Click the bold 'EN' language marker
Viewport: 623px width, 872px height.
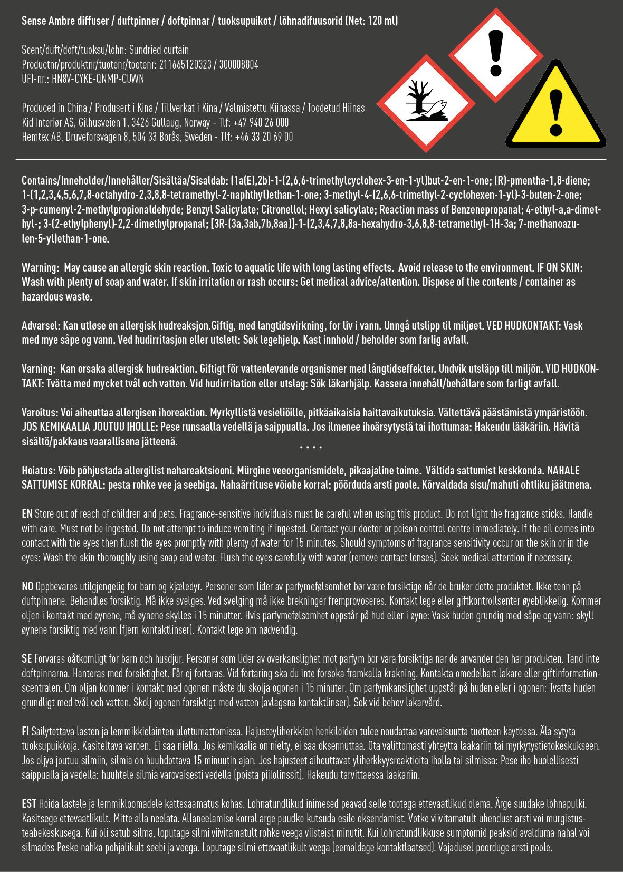pos(27,514)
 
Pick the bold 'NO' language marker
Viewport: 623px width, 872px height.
pos(27,586)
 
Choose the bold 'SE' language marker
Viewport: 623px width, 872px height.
pos(27,659)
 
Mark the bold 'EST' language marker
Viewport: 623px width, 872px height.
pos(29,804)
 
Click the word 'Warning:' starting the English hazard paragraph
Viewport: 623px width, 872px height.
pos(39,268)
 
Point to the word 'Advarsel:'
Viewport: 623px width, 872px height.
pos(41,326)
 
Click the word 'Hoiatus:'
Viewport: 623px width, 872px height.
pos(39,470)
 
